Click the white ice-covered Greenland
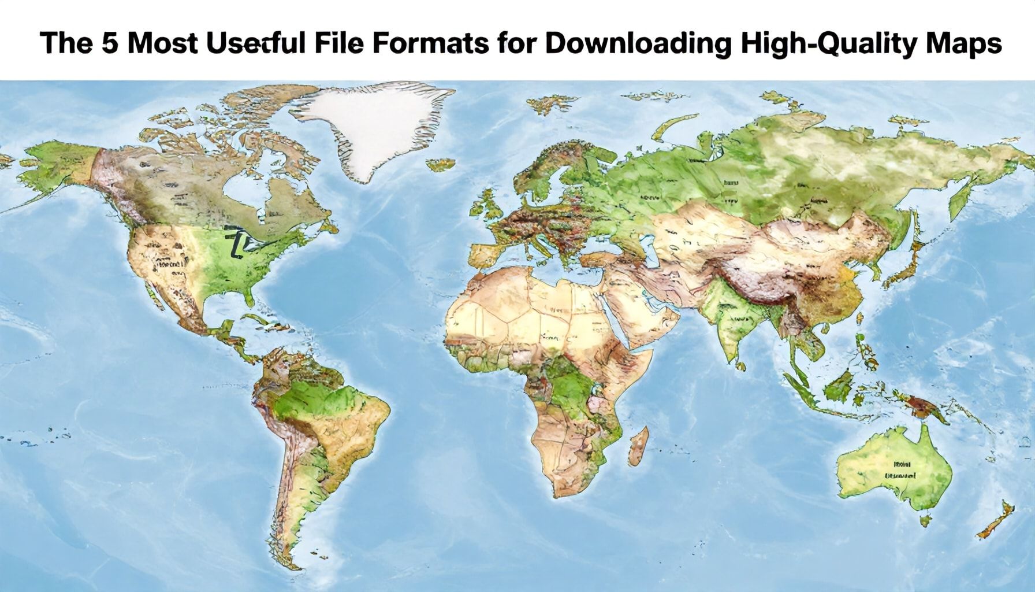pos(370,127)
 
